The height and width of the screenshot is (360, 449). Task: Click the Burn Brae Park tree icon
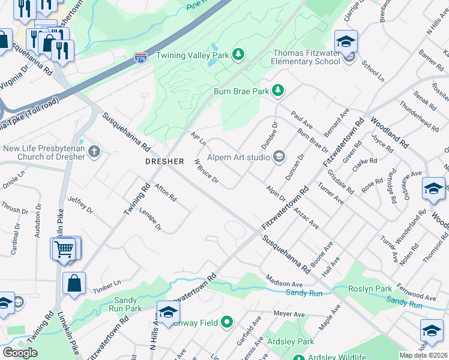[x=278, y=91]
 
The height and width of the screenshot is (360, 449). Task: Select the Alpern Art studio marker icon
[x=279, y=157]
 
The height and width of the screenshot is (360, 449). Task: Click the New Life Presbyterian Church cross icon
[x=94, y=151]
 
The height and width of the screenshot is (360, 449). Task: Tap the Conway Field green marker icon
[x=226, y=322]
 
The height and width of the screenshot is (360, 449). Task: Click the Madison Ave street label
[x=285, y=282]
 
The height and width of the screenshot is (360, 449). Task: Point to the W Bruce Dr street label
[x=206, y=172]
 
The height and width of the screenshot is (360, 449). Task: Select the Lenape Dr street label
[x=151, y=220]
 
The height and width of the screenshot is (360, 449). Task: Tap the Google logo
[x=20, y=353]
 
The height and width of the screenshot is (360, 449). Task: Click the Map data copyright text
[x=423, y=355]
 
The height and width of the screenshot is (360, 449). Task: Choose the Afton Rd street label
[x=165, y=193]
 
